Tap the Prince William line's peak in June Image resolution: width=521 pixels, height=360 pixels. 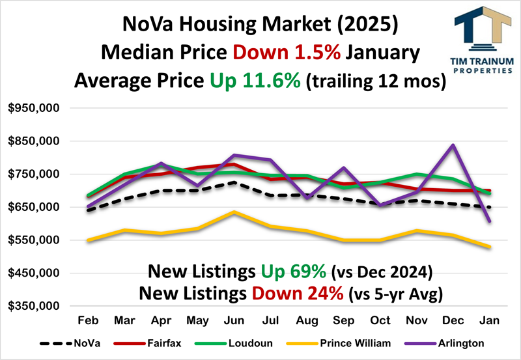pos(234,212)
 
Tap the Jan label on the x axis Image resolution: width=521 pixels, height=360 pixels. pos(489,321)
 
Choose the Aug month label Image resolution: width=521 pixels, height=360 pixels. pos(306,321)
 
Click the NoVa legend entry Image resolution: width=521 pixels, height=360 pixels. pos(85,343)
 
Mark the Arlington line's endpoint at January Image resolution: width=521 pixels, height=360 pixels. pos(489,221)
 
